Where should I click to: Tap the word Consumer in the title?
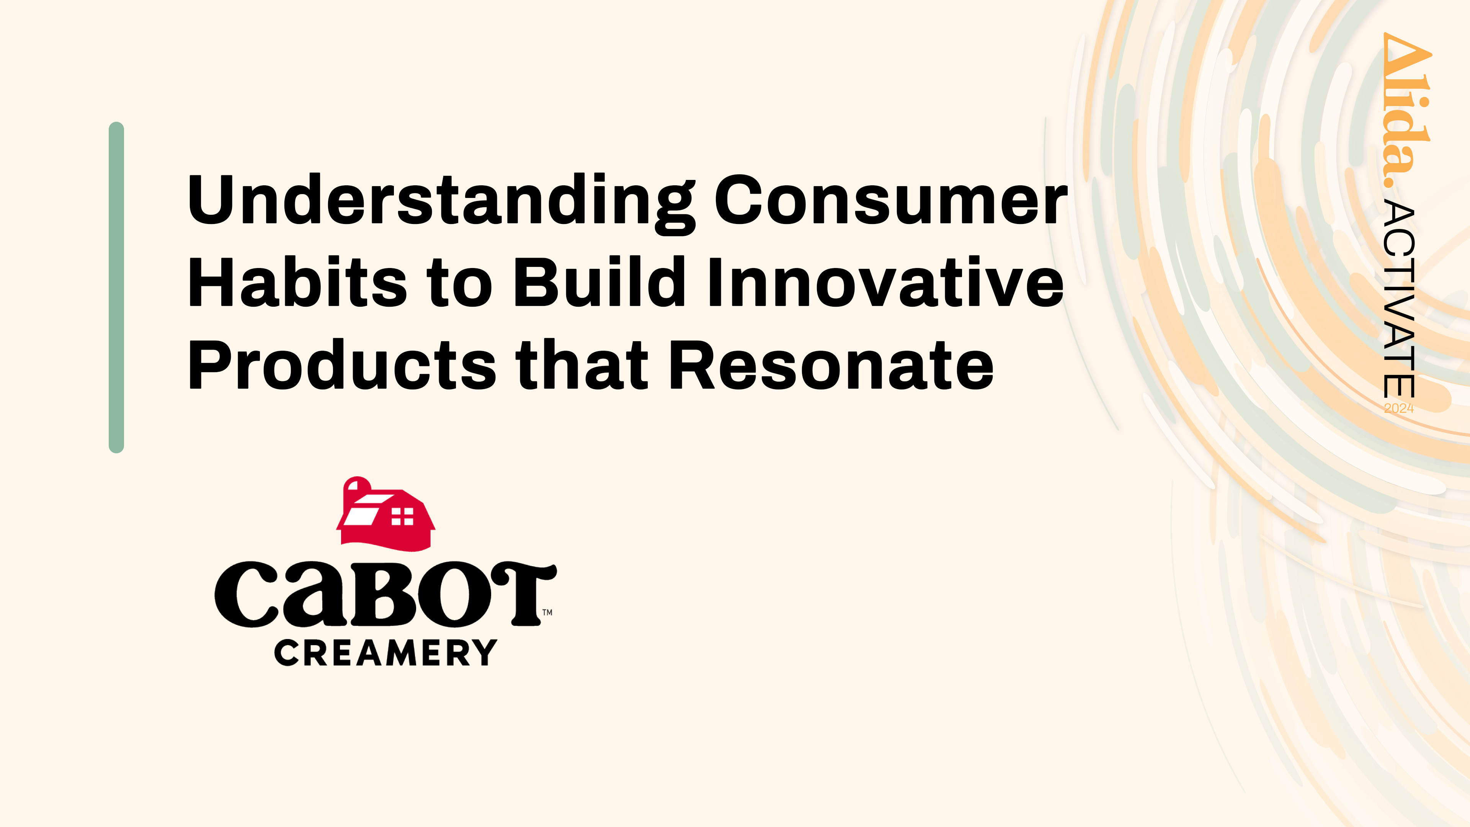[x=891, y=200]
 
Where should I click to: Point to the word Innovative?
[x=886, y=281]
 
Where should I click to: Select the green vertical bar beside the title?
[x=116, y=287]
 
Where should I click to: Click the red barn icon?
[x=386, y=514]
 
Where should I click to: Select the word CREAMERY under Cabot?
[x=386, y=653]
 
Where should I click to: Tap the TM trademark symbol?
[x=547, y=613]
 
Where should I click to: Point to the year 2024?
[x=1399, y=408]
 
